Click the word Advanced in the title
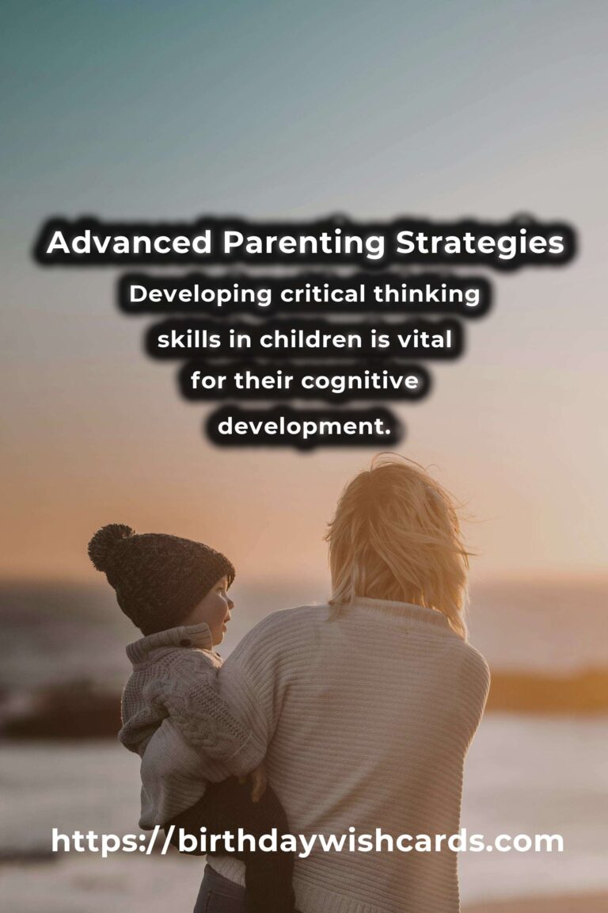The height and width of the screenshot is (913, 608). click(129, 243)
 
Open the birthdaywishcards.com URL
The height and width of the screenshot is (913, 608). click(307, 841)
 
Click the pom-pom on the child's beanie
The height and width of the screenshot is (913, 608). click(110, 546)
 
